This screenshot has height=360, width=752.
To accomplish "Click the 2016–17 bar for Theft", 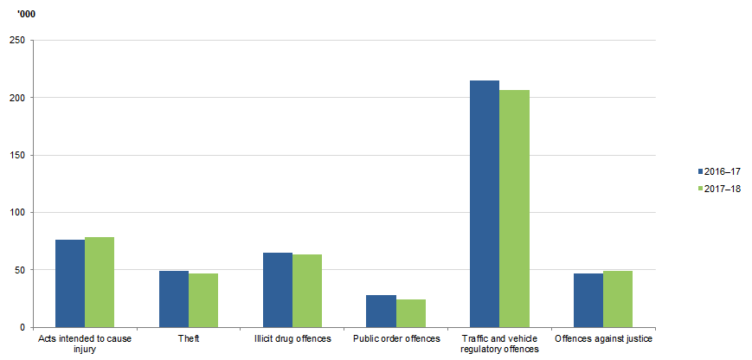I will (174, 299).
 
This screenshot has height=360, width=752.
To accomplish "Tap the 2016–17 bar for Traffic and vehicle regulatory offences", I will (485, 203).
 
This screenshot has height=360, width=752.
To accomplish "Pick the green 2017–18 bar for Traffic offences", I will (514, 208).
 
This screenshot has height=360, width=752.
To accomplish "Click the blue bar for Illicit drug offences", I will (278, 290).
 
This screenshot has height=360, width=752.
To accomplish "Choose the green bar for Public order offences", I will (411, 313).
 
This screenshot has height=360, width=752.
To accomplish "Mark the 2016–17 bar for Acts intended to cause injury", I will (70, 283).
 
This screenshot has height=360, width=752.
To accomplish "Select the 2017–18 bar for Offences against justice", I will (618, 299).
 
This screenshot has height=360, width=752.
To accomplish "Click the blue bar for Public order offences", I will (382, 311).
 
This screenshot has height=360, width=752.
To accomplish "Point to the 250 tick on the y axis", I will (16, 40).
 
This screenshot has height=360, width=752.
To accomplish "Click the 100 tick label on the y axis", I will (16, 212).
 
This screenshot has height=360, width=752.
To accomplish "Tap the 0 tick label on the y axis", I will (22, 327).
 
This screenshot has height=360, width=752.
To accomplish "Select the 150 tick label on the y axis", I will (16, 155).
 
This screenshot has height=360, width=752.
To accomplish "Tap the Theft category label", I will (189, 338).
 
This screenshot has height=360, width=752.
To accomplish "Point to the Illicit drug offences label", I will (292, 338).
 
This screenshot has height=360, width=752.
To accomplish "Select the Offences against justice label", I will (603, 338).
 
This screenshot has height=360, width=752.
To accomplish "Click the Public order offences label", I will (396, 338).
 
